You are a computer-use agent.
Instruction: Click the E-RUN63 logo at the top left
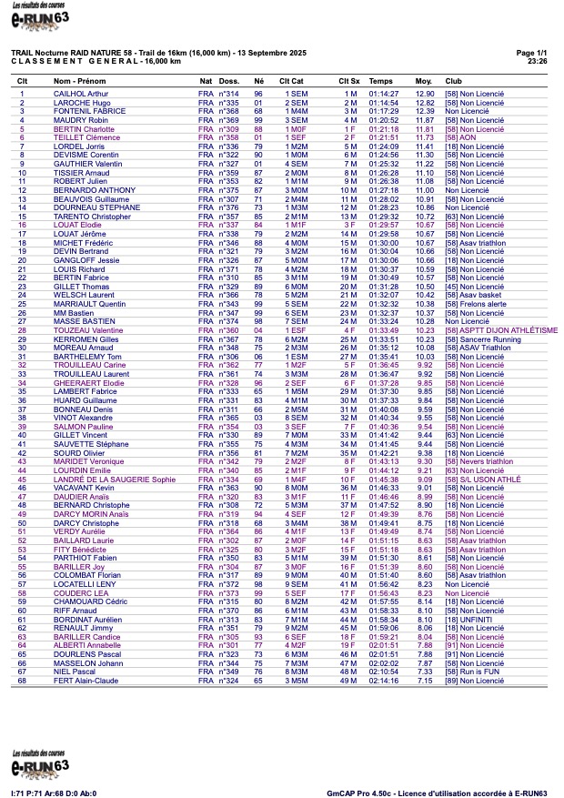tap(40, 15)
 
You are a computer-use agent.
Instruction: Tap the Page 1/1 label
tap(531, 54)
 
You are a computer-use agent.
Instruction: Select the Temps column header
tap(381, 81)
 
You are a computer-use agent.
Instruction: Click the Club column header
tap(453, 81)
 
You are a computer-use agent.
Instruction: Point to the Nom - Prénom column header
tap(80, 81)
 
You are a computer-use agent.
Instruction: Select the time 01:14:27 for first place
tap(383, 94)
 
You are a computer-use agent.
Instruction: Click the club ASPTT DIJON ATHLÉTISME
tap(501, 330)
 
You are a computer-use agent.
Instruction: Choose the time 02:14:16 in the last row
tap(383, 680)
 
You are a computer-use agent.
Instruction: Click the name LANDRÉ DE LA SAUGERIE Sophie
tap(115, 479)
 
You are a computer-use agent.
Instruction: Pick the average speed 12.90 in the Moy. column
tap(425, 94)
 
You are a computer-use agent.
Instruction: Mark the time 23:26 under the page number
tap(537, 61)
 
